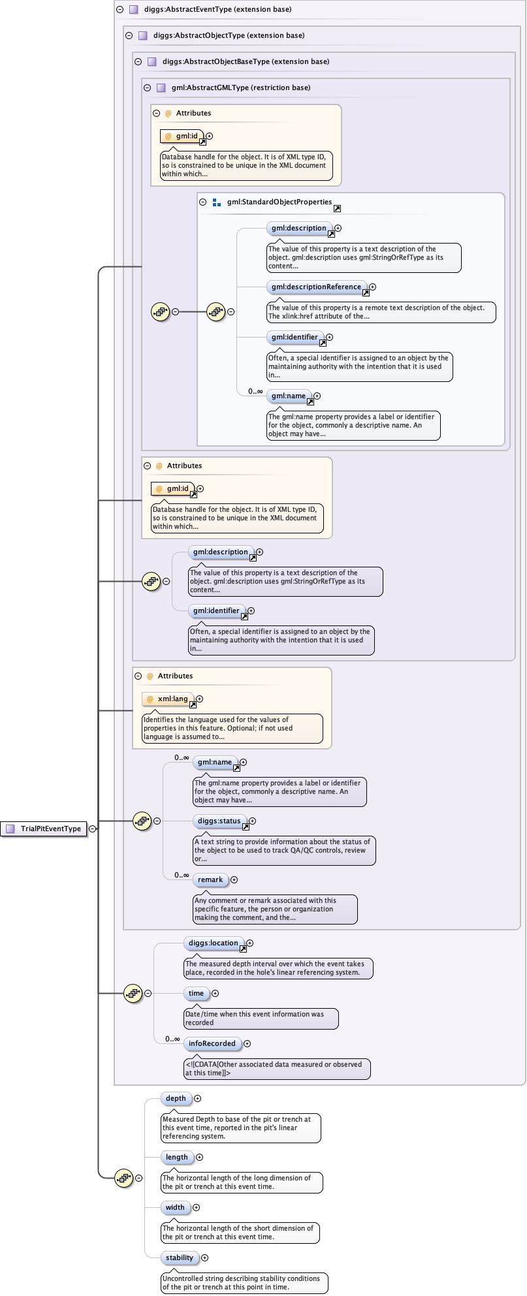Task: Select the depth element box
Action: [x=176, y=1099]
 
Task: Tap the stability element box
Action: [x=180, y=1258]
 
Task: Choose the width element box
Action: [x=175, y=1208]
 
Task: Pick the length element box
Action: [x=177, y=1158]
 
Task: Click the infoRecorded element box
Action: [x=212, y=1044]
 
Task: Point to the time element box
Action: [x=197, y=994]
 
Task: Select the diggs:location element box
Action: [x=214, y=943]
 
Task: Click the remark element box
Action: [x=210, y=880]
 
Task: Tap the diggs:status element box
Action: [x=219, y=821]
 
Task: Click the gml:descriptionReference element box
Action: [x=316, y=287]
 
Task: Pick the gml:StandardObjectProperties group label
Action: [x=279, y=202]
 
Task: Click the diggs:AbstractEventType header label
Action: [x=210, y=10]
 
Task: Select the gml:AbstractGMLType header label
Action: [x=240, y=87]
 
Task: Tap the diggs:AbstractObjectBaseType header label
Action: [x=246, y=61]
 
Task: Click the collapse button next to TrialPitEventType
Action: [x=93, y=829]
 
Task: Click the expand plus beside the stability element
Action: [x=204, y=1258]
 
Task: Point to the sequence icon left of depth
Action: [x=124, y=1178]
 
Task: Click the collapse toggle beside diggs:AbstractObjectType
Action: [x=129, y=36]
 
